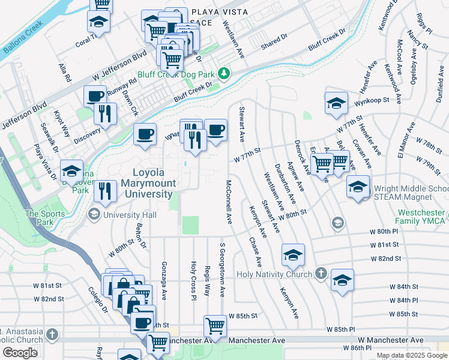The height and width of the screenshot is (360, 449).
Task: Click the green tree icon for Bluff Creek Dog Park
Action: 224,74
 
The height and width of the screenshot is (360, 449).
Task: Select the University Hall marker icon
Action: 94,214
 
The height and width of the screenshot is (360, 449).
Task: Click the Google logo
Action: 20,352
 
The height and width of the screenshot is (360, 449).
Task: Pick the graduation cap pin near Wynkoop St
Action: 336,103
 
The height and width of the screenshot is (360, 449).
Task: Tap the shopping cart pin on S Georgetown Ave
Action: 215,326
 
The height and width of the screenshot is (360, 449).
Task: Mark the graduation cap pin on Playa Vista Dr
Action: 71,170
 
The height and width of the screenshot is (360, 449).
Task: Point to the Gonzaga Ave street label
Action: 163,280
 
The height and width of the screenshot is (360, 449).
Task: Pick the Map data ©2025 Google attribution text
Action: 411,355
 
